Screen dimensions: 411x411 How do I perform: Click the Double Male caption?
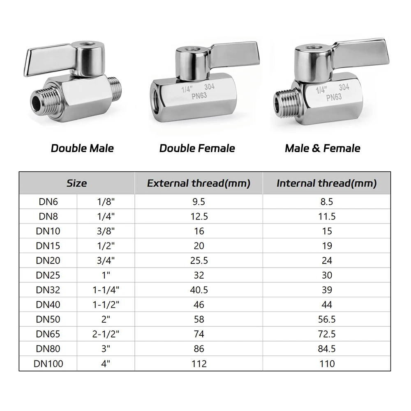point(82,148)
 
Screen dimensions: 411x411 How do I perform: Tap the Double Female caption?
point(197,148)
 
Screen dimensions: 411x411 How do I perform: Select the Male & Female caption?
point(322,148)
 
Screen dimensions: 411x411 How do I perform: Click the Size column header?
point(76,183)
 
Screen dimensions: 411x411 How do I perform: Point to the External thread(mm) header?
point(199,183)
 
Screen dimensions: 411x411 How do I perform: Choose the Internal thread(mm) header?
point(327,183)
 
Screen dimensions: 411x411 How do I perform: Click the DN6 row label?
point(48,201)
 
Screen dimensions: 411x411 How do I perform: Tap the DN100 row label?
point(48,364)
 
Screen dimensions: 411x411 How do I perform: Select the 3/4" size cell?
point(106,260)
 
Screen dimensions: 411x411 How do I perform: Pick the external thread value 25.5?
point(199,260)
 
